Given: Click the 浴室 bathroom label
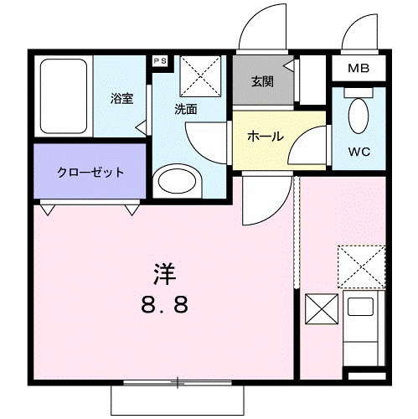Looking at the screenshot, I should tap(122, 99).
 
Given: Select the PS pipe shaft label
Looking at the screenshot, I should tap(159, 61).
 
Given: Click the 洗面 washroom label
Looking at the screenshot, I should tap(186, 108).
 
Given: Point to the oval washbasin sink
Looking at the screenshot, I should tap(177, 182).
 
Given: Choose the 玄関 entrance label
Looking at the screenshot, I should tap(261, 81).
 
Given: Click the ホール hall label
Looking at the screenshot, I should tap(266, 137).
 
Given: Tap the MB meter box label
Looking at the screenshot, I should tap(359, 67).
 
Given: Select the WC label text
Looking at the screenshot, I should tap(359, 153).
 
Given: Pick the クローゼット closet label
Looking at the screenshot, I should tap(90, 173).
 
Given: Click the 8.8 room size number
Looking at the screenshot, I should tap(164, 303).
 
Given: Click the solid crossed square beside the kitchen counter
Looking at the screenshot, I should tap(322, 309).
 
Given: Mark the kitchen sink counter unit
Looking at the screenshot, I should tap(365, 327).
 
